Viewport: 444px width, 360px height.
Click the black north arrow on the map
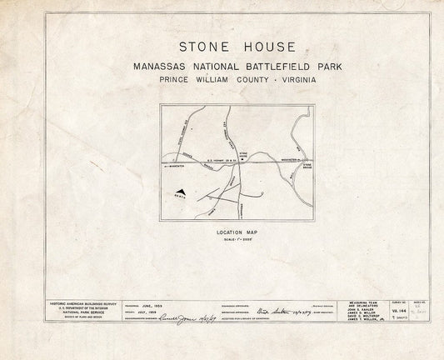181,192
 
